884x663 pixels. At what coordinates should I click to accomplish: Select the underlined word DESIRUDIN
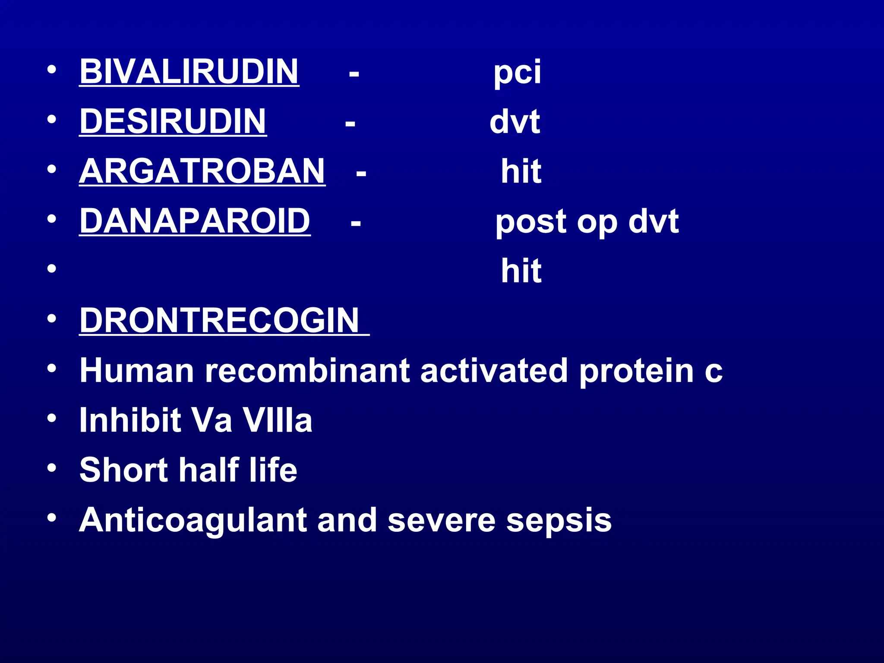(173, 121)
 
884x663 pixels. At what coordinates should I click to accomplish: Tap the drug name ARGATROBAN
(202, 171)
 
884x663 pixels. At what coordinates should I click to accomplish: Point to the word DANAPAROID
(195, 221)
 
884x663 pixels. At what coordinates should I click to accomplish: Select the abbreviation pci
(517, 72)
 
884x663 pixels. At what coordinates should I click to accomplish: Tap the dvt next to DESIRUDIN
(515, 122)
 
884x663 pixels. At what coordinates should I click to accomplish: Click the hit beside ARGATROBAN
(521, 171)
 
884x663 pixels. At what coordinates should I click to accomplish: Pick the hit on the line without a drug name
(521, 271)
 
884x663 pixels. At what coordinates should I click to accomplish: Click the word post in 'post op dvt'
(531, 222)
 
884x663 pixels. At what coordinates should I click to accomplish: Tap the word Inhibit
(130, 420)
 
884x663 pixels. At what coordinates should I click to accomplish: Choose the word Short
(123, 470)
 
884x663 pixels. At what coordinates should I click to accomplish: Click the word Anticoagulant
(193, 520)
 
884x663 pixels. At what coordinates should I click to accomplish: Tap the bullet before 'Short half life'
(52, 468)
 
